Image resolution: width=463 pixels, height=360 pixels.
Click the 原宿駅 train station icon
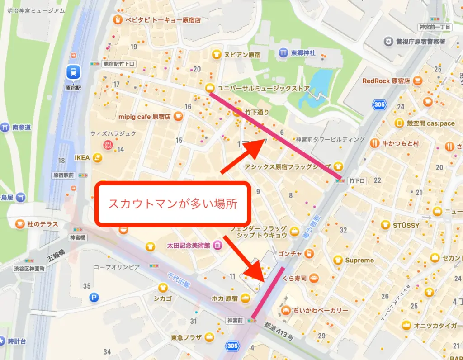click(x=72, y=71)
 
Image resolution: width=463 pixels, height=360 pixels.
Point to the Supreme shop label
click(x=359, y=260)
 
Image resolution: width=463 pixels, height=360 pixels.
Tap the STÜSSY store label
click(x=406, y=225)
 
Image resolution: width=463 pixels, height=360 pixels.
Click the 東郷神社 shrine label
click(x=303, y=52)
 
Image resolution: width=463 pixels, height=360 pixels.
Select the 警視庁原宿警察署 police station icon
click(x=388, y=42)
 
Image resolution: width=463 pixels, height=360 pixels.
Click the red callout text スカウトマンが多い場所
click(x=173, y=203)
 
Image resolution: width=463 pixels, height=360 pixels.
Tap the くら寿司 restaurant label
click(x=294, y=278)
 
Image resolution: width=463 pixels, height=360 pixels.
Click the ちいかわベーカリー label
click(x=321, y=311)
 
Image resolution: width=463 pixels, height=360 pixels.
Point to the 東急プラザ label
click(x=186, y=337)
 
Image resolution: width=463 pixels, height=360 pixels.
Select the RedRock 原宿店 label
click(x=386, y=81)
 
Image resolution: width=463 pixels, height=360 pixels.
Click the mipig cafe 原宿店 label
click(x=144, y=117)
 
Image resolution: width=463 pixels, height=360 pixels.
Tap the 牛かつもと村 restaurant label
click(x=401, y=143)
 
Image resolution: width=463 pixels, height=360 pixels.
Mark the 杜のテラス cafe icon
click(x=20, y=224)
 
